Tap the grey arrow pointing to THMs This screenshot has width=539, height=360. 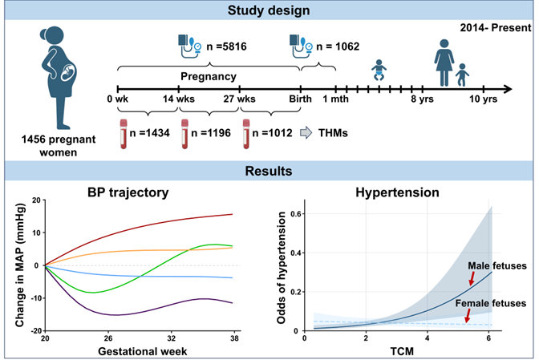308,133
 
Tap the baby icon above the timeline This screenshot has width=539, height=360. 379,71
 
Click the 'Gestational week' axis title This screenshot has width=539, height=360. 138,350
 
